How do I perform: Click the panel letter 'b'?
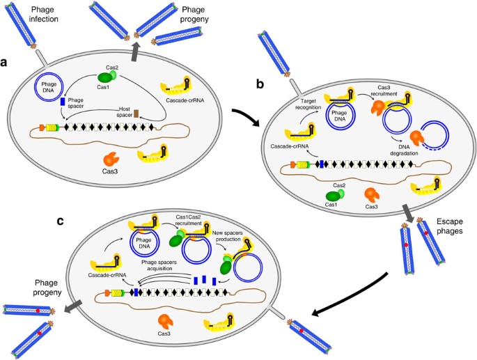[260, 84]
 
